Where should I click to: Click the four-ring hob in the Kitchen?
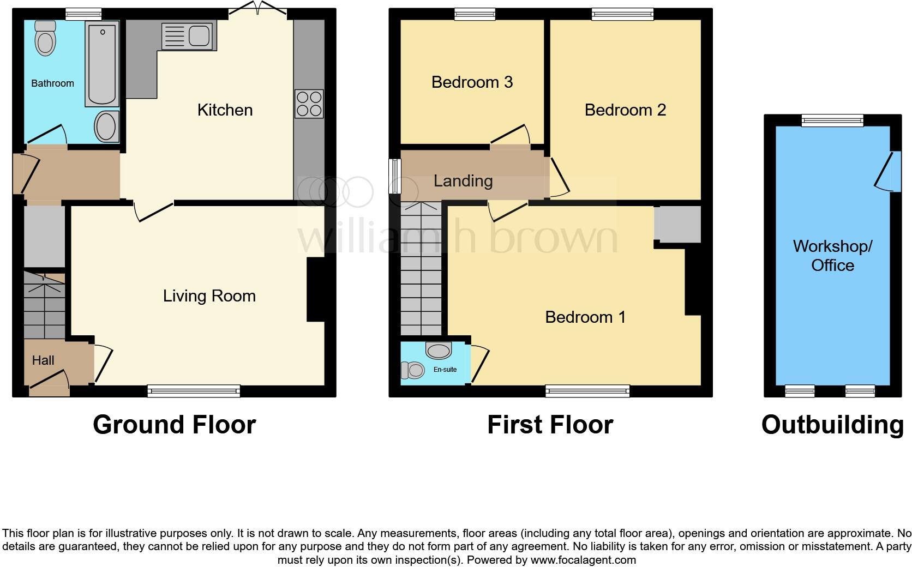[309, 104]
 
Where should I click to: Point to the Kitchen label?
[225, 110]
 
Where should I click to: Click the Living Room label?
[209, 296]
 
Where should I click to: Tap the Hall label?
[43, 360]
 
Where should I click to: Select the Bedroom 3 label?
[472, 82]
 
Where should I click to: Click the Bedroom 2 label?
[625, 110]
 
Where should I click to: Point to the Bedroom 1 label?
[585, 317]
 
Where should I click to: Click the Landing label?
[463, 181]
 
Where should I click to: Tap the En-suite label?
[445, 370]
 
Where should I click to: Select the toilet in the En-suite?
[413, 371]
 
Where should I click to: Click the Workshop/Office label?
[832, 256]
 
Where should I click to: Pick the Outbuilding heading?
[832, 425]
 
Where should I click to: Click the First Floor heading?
[550, 425]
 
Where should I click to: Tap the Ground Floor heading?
[174, 425]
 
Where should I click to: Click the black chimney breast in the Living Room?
[316, 289]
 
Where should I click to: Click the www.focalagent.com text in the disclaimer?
[583, 560]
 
